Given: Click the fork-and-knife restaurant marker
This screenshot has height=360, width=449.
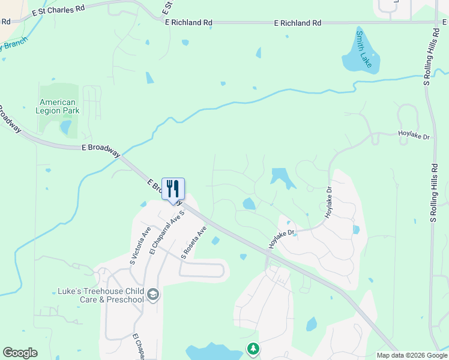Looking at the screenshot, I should (x=173, y=189).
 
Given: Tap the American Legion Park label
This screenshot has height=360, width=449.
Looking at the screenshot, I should (x=58, y=107).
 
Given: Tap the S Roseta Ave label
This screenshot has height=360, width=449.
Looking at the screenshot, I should (x=194, y=242).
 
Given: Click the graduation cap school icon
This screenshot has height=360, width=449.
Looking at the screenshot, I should (x=153, y=295).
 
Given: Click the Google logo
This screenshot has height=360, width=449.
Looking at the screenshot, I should (x=20, y=353).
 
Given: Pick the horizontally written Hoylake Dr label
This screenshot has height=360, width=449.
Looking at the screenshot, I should (x=414, y=137).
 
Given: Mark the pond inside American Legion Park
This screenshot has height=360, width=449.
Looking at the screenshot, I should (x=65, y=127).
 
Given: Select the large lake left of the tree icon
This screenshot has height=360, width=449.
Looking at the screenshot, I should (x=210, y=352).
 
